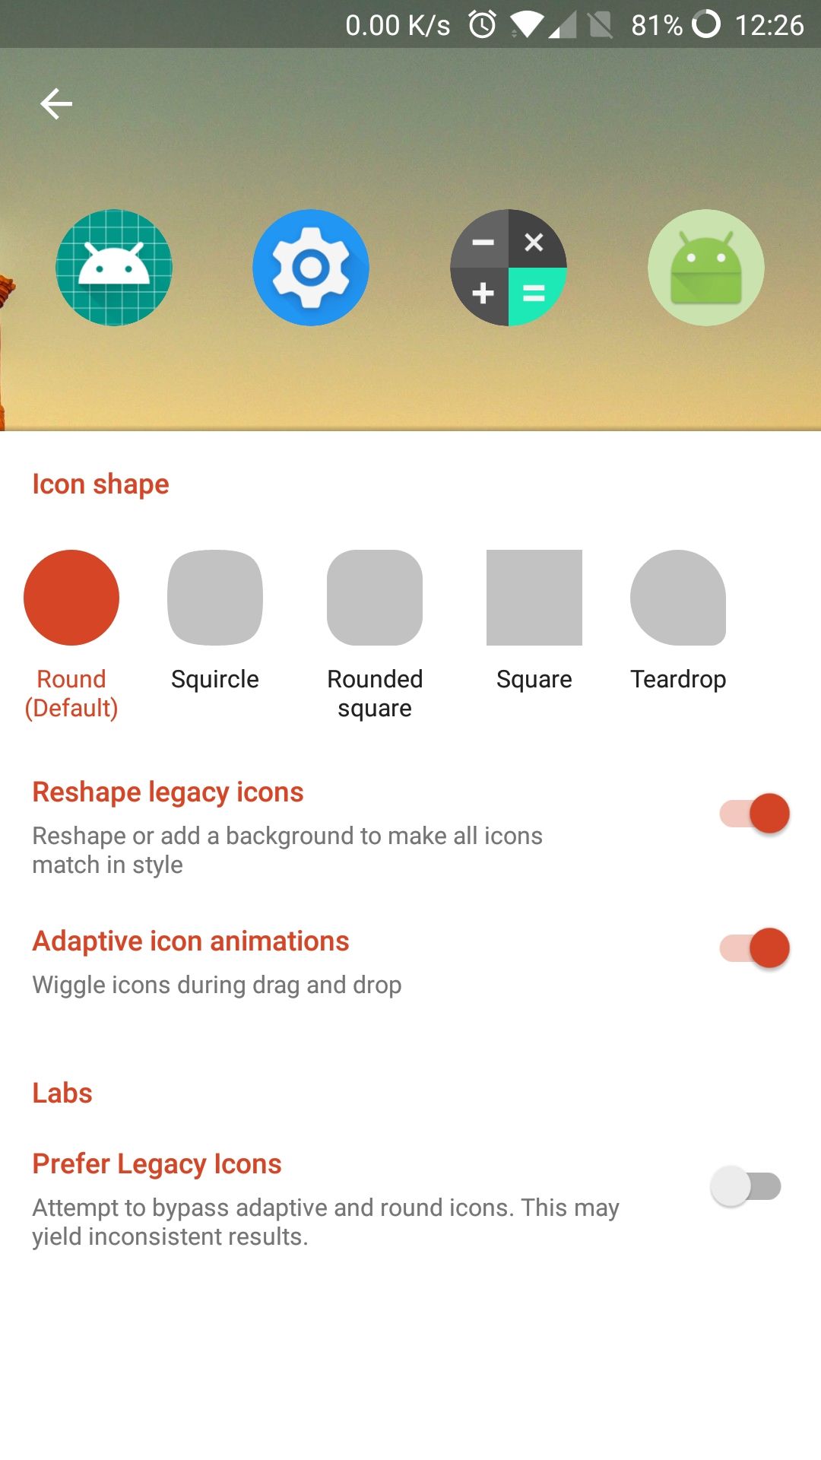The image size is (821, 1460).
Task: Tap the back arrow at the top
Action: (x=56, y=103)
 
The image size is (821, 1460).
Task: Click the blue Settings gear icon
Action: (x=311, y=268)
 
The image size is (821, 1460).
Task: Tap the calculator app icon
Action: (x=509, y=268)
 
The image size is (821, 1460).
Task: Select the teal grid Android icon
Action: (x=114, y=268)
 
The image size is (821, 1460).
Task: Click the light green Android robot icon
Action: (x=706, y=268)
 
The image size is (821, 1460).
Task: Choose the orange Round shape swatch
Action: (x=71, y=598)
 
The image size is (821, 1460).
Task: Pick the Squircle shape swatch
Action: (x=215, y=598)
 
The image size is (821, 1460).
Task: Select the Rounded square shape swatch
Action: (x=375, y=598)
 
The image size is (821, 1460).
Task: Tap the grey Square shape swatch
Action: (x=534, y=598)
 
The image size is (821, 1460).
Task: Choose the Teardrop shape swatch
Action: (x=678, y=598)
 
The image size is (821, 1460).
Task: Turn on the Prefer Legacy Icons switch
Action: (x=746, y=1186)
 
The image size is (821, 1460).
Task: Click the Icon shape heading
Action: (x=100, y=484)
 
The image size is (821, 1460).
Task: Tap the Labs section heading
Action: (x=62, y=1093)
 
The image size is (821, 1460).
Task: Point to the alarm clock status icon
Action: (x=483, y=24)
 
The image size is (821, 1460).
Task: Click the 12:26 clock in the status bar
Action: (x=769, y=25)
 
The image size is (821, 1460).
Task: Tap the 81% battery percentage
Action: (x=657, y=25)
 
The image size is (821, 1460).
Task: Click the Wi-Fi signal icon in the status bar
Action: (x=527, y=25)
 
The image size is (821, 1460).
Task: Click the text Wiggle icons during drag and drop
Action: (x=217, y=985)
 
